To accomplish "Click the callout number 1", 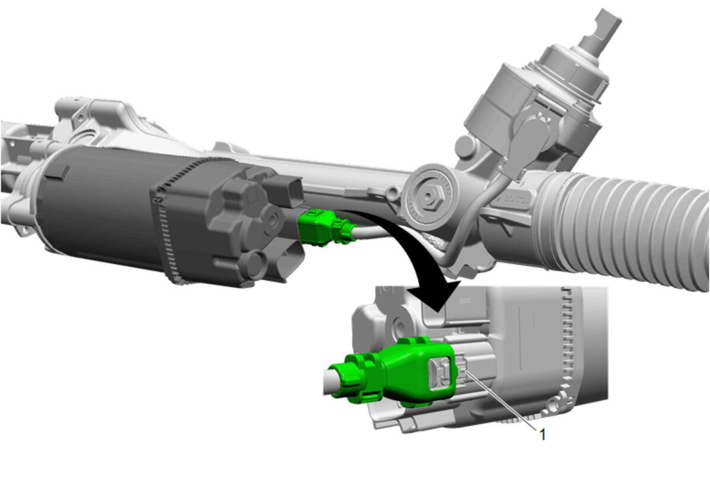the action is click(543, 434).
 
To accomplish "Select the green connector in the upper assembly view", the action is click(324, 228).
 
